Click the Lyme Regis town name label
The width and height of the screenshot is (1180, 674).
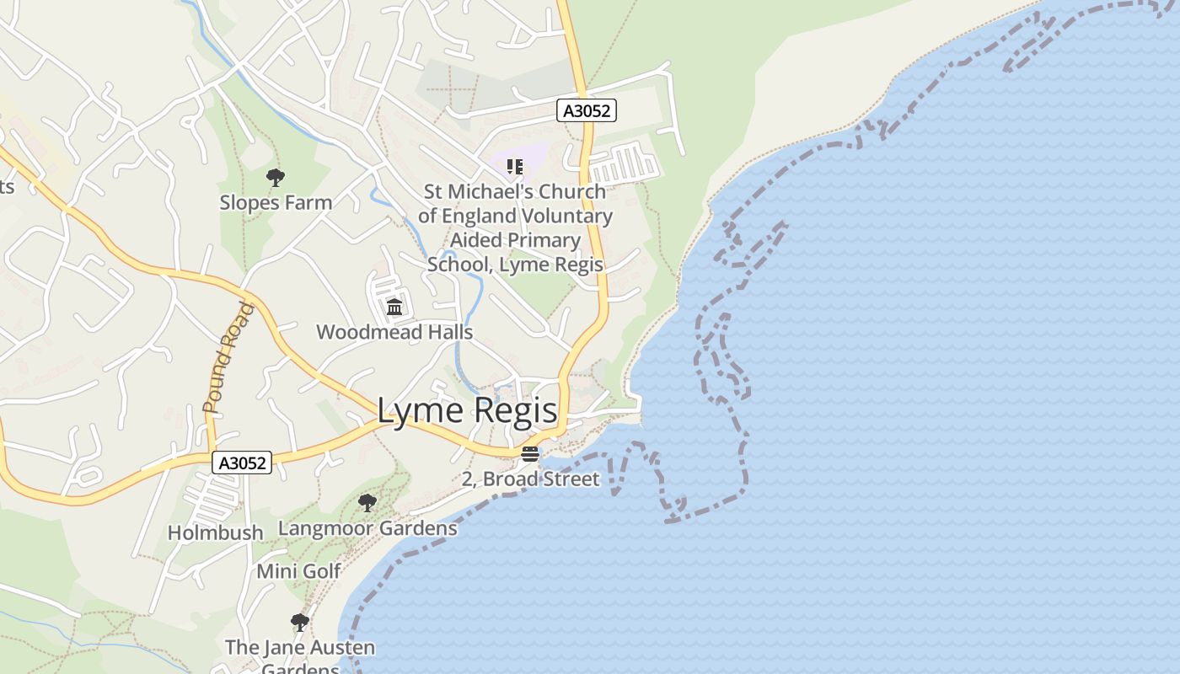[x=467, y=410]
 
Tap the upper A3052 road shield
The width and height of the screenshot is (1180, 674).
[x=587, y=110]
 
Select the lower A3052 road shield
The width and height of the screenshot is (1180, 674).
[x=242, y=463]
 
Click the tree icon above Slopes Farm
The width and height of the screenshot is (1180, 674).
[x=275, y=178]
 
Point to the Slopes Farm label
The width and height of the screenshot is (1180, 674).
[x=276, y=202]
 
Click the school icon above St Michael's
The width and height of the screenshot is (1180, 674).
[x=514, y=167]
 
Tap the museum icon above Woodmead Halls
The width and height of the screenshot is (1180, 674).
[x=394, y=307]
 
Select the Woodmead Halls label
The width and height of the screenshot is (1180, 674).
[x=394, y=332]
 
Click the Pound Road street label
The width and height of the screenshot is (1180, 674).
[x=228, y=358]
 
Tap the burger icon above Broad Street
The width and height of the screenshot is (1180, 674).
[x=530, y=454]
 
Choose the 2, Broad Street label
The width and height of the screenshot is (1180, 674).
[x=531, y=479]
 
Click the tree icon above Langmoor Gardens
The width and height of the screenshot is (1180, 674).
[x=367, y=503]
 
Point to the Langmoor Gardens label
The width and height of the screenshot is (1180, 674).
[x=367, y=528]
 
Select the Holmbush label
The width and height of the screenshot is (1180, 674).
[x=215, y=532]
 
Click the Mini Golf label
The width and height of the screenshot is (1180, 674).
[x=298, y=571]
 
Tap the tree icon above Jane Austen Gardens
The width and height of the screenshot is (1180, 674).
[x=299, y=623]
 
